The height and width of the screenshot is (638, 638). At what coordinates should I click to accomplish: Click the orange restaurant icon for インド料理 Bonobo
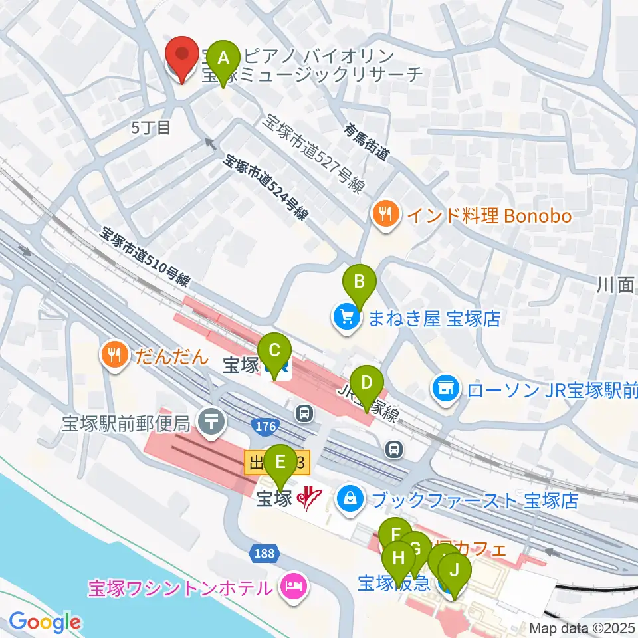click(x=385, y=215)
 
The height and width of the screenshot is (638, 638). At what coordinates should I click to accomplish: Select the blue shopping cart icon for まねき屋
click(x=347, y=318)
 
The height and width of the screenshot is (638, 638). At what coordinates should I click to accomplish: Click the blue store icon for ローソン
click(x=445, y=386)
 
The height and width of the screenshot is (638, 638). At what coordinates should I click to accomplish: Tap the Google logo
click(x=45, y=622)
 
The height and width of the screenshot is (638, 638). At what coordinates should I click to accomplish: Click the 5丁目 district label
click(x=151, y=128)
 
